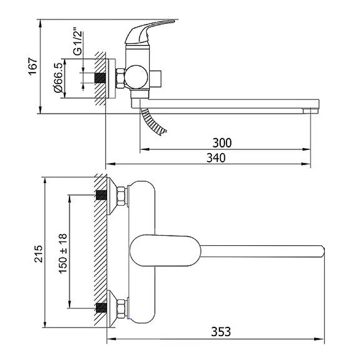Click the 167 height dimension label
click(x=33, y=67)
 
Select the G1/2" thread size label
click(x=77, y=41)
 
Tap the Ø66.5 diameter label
click(x=58, y=77)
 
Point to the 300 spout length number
click(x=222, y=143)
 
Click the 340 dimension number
click(x=216, y=158)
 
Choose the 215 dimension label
click(x=38, y=254)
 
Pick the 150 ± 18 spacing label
click(x=63, y=253)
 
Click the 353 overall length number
click(x=221, y=332)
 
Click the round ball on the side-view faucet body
click(x=136, y=77)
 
